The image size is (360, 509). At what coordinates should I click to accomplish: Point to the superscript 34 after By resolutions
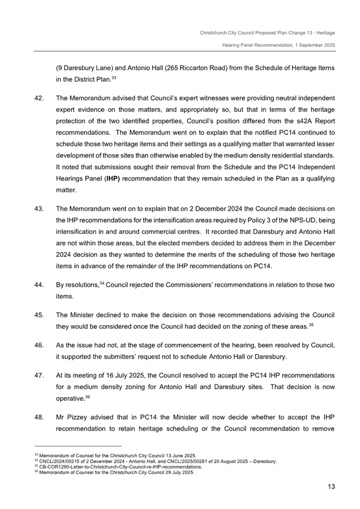click(x=101, y=284)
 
